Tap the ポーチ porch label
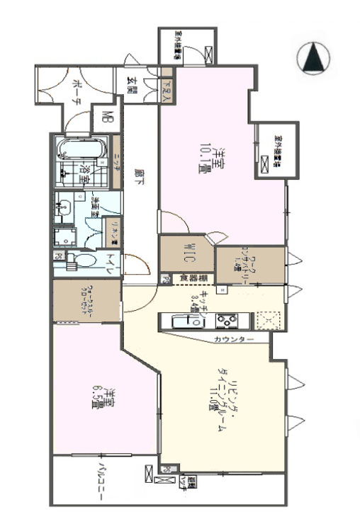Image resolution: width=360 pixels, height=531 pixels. (77, 91)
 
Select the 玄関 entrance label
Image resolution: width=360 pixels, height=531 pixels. (132, 84)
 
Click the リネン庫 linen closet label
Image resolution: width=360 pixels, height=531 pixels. (112, 228)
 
